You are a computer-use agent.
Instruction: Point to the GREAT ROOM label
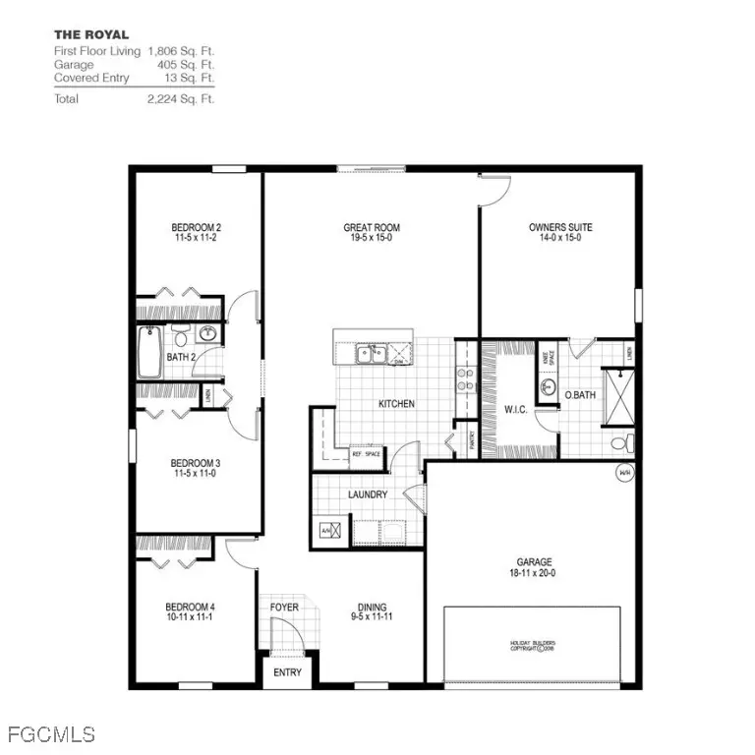(372, 227)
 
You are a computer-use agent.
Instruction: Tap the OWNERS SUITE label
(560, 227)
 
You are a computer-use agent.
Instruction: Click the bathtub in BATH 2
(149, 352)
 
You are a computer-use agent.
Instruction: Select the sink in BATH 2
(207, 332)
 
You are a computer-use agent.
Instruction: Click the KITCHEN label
(396, 404)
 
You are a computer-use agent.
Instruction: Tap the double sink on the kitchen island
(371, 352)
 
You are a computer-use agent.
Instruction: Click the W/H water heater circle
(624, 474)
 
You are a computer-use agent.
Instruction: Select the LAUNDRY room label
(368, 494)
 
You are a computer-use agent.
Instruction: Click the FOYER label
(284, 607)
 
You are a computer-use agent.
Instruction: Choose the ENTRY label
(288, 673)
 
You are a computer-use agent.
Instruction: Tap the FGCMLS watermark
(50, 733)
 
